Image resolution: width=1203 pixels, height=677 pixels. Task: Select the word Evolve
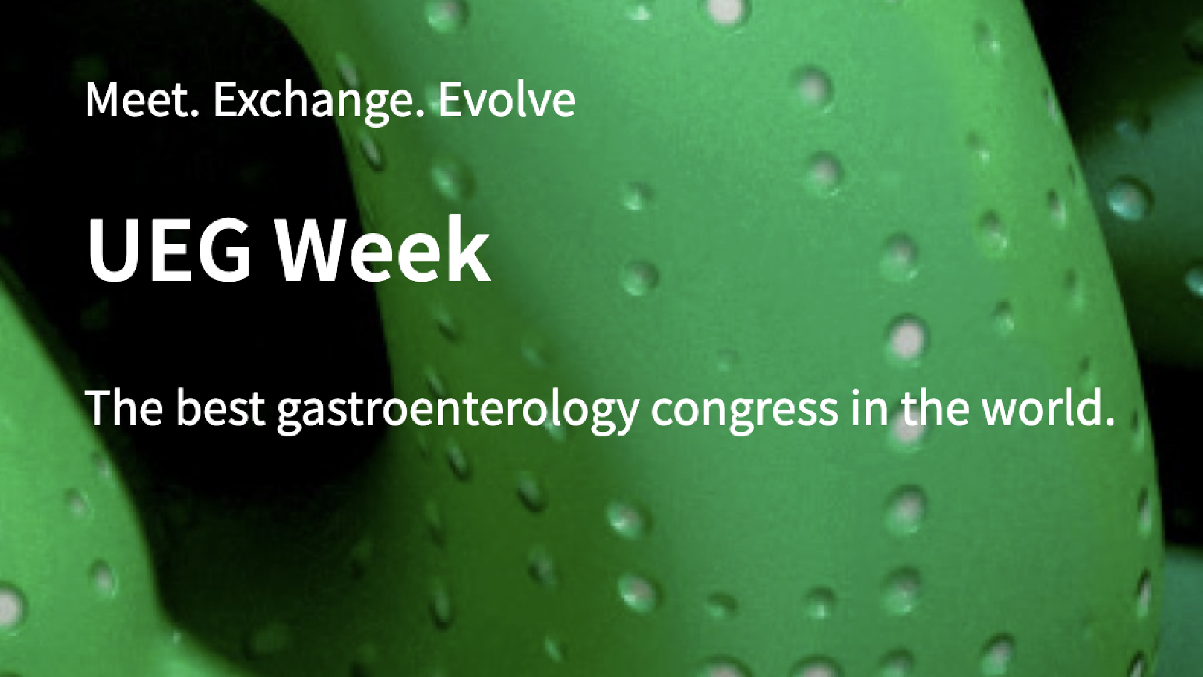pyautogui.click(x=507, y=100)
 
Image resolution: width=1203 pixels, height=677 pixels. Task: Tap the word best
pyautogui.click(x=221, y=407)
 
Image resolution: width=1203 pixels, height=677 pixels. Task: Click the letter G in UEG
pyautogui.click(x=223, y=249)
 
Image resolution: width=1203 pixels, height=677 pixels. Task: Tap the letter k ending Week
pyautogui.click(x=467, y=249)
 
